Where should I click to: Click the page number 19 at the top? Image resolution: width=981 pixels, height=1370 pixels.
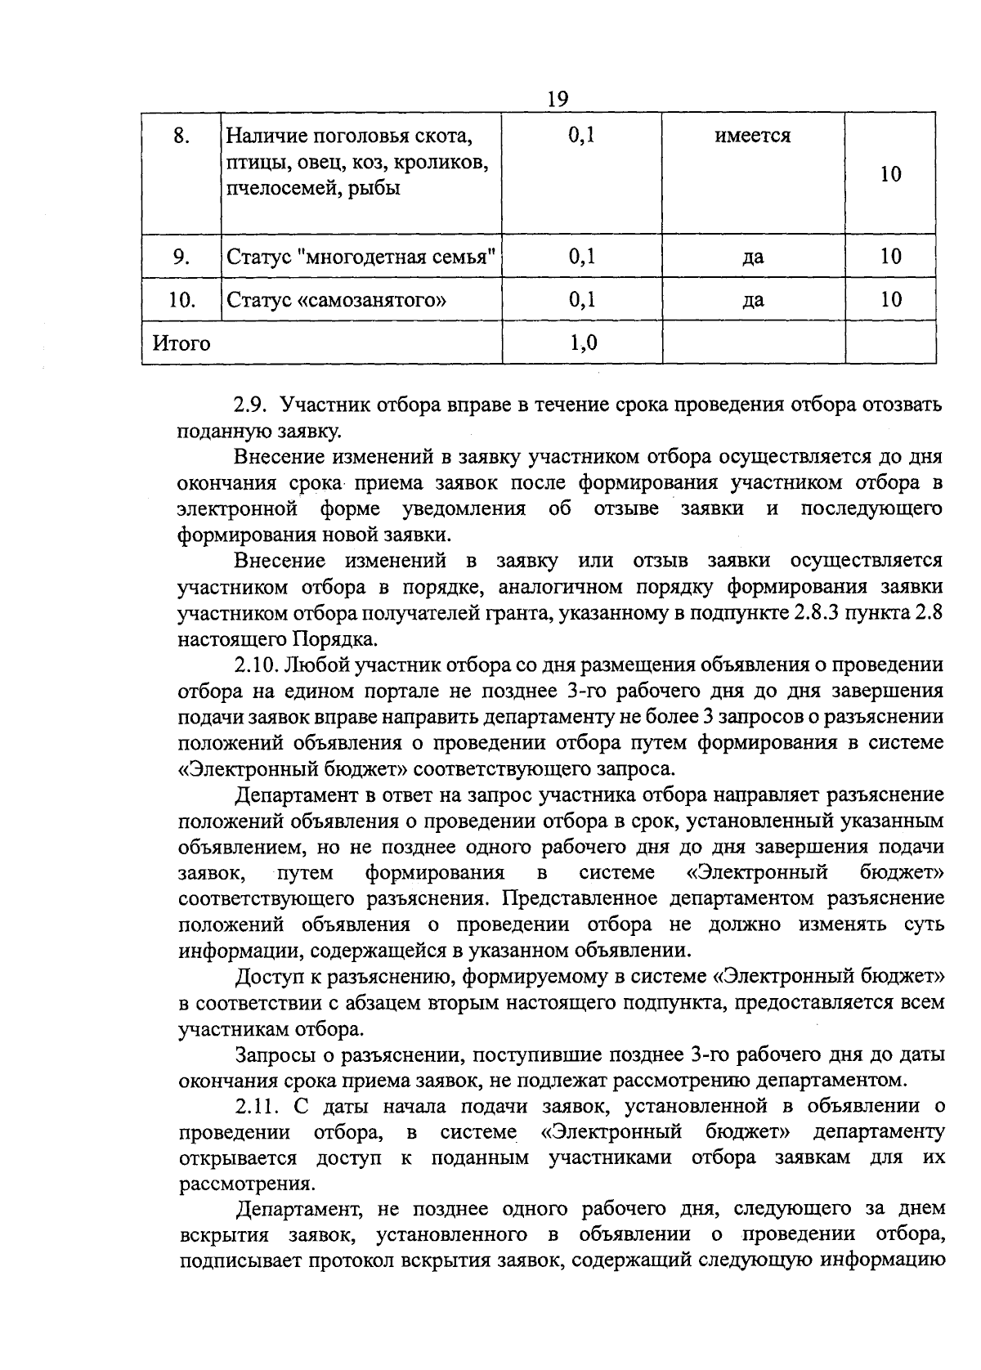coord(557,99)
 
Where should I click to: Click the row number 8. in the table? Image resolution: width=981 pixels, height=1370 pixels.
coord(181,136)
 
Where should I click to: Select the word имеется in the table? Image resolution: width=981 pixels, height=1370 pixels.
coord(753,136)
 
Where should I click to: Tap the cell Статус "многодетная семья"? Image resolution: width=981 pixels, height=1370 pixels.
coord(361,257)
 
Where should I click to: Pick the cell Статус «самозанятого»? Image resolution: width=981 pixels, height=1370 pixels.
coord(336,300)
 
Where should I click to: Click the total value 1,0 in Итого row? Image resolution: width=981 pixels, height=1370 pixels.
coord(582,343)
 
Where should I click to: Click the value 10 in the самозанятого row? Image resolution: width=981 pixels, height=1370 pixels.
coord(890,300)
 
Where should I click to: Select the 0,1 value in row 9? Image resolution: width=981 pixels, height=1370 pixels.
coord(582,257)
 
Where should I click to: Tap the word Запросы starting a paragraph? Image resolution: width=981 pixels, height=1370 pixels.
coord(275,1054)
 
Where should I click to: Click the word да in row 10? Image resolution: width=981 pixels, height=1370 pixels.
coord(753,300)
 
